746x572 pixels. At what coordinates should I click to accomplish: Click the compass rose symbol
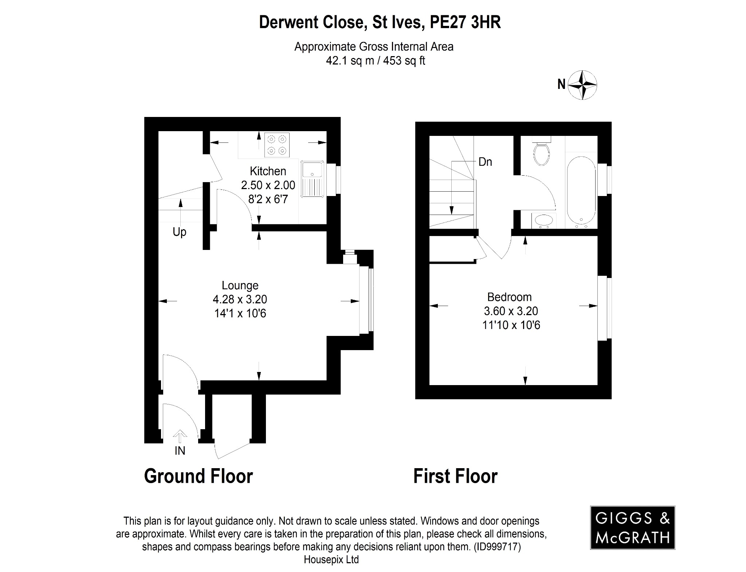pyautogui.click(x=583, y=85)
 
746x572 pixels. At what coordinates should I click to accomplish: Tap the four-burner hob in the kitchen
pyautogui.click(x=277, y=145)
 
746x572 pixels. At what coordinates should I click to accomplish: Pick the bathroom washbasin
pyautogui.click(x=542, y=221)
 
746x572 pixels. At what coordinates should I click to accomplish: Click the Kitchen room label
pyautogui.click(x=268, y=171)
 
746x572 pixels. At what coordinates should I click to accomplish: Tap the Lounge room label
pyautogui.click(x=240, y=285)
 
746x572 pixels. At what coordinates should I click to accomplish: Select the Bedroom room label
pyautogui.click(x=509, y=297)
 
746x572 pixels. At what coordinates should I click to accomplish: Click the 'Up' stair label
pyautogui.click(x=179, y=232)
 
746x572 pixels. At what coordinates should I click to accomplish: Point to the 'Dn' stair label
pyautogui.click(x=485, y=162)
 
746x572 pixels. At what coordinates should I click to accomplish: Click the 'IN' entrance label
pyautogui.click(x=180, y=451)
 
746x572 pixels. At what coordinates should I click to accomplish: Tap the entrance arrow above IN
pyautogui.click(x=180, y=435)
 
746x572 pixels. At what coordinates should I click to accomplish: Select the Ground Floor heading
pyautogui.click(x=198, y=476)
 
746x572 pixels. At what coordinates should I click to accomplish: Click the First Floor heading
pyautogui.click(x=455, y=476)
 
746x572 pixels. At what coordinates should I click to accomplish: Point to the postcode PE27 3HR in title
pyautogui.click(x=465, y=22)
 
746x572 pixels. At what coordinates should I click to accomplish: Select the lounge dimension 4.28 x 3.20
pyautogui.click(x=240, y=299)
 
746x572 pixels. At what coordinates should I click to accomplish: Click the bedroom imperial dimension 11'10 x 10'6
pyautogui.click(x=511, y=325)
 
